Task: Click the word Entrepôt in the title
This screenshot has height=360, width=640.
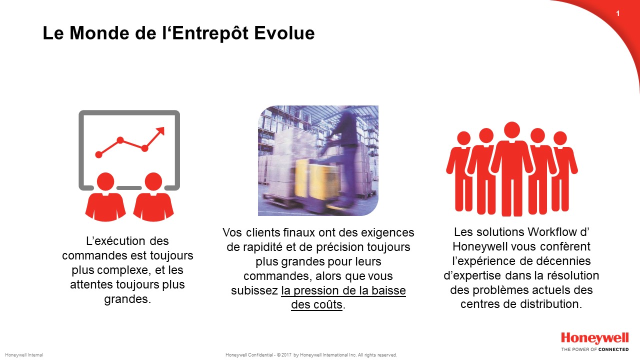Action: pos(210,33)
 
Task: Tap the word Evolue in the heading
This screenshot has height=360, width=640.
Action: pos(284,33)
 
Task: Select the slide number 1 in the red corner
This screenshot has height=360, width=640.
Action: pos(618,13)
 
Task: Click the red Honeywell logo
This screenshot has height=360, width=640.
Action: pos(595,338)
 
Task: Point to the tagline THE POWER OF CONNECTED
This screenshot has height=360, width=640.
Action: pos(595,349)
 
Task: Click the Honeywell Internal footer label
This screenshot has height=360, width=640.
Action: pos(24,355)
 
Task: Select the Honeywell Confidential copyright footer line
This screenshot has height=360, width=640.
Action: pos(311,355)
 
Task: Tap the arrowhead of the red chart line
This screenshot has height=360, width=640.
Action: pos(160,131)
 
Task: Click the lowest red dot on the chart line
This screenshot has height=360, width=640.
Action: pos(98,154)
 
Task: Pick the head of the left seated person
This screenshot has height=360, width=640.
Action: pos(105,181)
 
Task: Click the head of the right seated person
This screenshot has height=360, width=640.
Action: pos(153,181)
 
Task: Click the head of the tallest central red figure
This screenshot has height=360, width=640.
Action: pos(512,130)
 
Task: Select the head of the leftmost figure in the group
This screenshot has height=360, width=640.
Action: pos(463,138)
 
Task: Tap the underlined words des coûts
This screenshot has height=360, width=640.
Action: pos(316,305)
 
